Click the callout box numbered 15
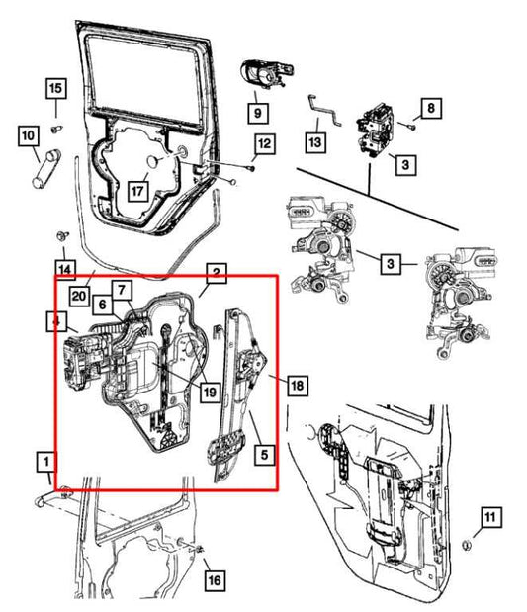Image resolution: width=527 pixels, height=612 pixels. pyautogui.click(x=55, y=89)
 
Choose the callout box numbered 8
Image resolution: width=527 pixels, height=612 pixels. pyautogui.click(x=430, y=106)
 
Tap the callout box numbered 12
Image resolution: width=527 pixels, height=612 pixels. pyautogui.click(x=261, y=146)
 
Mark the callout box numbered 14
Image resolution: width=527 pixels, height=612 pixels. pyautogui.click(x=63, y=268)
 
